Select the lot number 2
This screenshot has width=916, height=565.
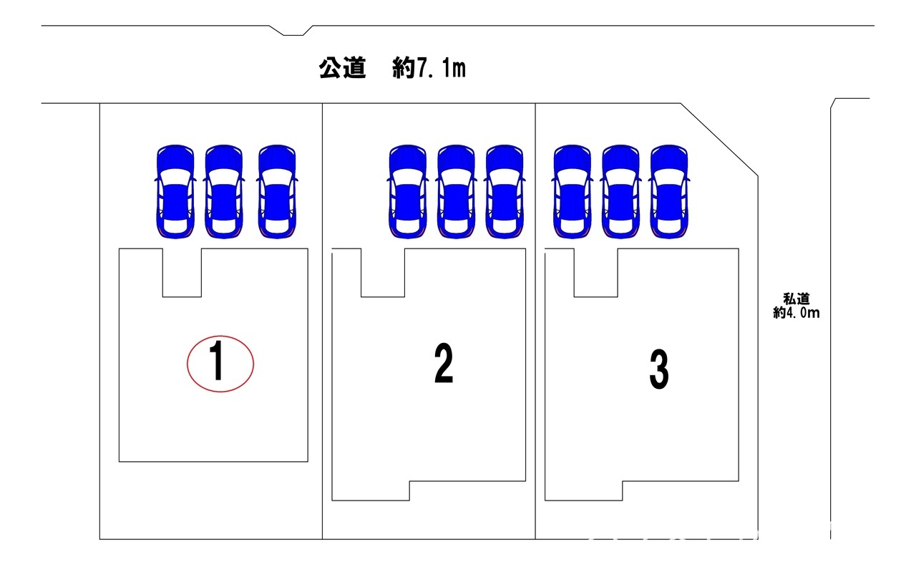[x=444, y=363]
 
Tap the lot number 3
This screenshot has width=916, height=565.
[x=659, y=370]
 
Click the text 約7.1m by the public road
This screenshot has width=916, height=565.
[x=429, y=69]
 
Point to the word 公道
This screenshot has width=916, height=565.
[x=343, y=69]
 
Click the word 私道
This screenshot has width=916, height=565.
[x=796, y=299]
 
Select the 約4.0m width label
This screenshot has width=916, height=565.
[x=796, y=312]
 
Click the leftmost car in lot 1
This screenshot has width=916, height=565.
[x=175, y=191]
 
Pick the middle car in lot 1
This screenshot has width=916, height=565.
[x=224, y=191]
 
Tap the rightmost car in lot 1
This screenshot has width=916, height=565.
[x=277, y=191]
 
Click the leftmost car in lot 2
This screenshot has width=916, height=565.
[x=407, y=191]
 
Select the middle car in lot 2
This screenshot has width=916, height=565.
[x=456, y=191]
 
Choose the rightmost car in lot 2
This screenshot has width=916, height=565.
[x=505, y=191]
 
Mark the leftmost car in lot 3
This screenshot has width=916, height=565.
[x=572, y=191]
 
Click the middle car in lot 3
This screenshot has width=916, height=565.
[x=620, y=191]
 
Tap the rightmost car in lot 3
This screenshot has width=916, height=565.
[x=669, y=191]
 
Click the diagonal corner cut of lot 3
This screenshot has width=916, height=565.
[x=718, y=138]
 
